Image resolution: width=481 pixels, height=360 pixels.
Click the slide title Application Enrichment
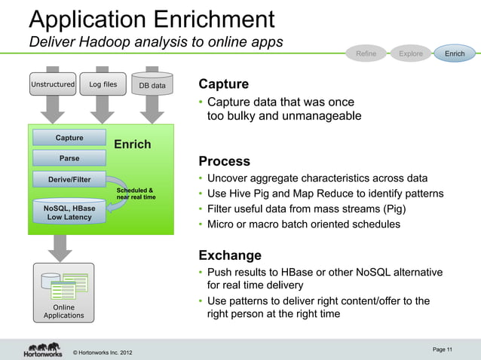point(151,18)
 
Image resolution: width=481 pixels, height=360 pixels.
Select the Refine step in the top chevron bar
point(366,53)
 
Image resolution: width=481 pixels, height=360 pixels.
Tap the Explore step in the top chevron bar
point(411,53)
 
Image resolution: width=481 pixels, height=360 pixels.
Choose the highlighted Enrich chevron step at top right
point(455,53)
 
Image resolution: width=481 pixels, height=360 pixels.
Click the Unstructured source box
point(53,85)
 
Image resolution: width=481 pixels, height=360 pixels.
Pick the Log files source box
point(103,85)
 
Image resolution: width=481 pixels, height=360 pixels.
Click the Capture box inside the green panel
point(69,138)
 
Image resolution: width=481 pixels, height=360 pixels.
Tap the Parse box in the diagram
point(69,159)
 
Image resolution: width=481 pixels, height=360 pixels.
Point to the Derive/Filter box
point(69,180)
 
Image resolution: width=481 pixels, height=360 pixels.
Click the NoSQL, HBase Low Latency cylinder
point(69,212)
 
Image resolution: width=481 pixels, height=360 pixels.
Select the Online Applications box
point(64,293)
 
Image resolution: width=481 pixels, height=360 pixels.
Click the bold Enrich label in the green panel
point(132,144)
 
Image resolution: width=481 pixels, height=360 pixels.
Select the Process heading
point(224,161)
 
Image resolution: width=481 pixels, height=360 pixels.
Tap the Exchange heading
point(229,255)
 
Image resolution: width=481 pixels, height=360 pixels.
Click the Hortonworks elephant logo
point(41,349)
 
